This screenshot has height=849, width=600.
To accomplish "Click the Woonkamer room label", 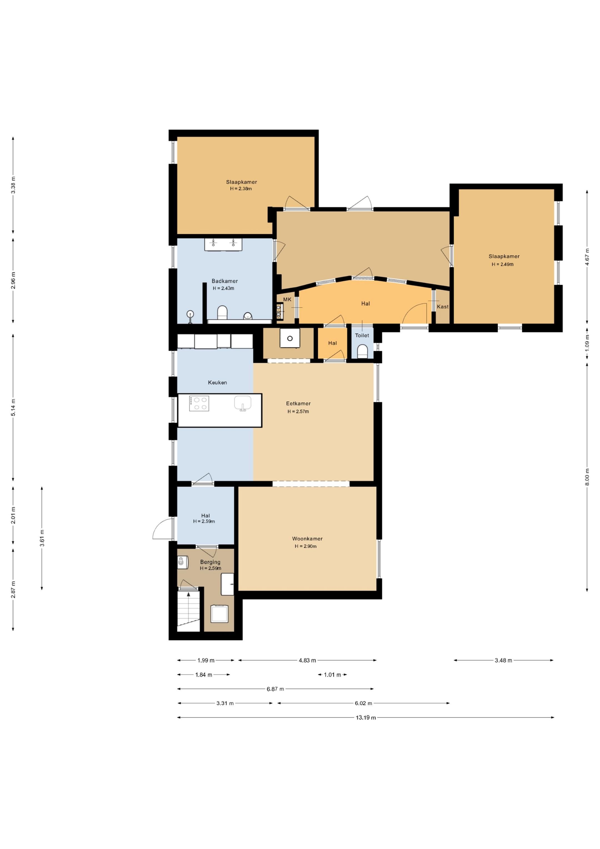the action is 307,539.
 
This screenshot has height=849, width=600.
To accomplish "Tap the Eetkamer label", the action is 298,404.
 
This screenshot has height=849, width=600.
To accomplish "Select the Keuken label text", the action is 217,382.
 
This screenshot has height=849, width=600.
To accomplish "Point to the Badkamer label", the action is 225,281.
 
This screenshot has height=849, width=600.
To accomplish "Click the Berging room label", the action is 210,562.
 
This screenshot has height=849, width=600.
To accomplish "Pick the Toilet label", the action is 362,335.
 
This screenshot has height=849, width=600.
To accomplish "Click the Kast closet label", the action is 443,307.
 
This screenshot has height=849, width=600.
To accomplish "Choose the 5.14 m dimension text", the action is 13,407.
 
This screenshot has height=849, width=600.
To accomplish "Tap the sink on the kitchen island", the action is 243,403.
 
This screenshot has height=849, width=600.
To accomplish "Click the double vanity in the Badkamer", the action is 224,245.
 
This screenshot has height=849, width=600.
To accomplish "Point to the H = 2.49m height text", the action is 502,264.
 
